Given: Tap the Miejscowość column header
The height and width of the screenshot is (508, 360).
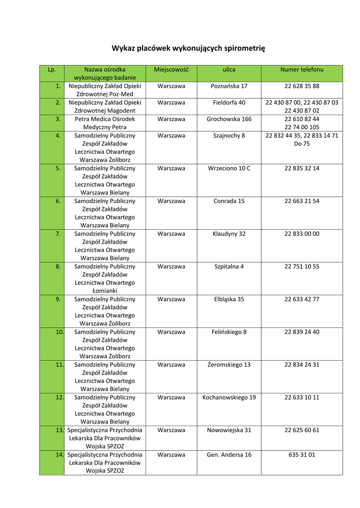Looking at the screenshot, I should click(171, 70).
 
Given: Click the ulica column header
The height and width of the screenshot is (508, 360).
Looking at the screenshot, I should click(229, 70).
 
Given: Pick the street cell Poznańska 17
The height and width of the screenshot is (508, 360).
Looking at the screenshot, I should click(229, 86).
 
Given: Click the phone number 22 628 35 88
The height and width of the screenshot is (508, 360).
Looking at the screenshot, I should click(302, 86).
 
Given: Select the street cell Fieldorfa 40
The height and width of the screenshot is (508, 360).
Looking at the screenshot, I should click(229, 103).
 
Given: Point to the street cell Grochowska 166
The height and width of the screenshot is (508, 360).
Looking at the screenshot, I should click(229, 119).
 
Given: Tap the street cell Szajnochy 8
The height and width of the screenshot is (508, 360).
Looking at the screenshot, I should click(229, 135).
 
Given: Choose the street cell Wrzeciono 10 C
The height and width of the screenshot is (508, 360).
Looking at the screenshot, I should click(229, 168).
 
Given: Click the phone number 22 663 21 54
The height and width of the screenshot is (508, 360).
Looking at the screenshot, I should click(302, 201).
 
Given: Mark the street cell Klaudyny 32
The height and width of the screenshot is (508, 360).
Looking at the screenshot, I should click(229, 234).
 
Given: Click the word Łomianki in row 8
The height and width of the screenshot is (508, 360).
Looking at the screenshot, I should click(105, 291).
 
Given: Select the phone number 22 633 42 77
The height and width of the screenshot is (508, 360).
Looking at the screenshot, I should click(302, 299).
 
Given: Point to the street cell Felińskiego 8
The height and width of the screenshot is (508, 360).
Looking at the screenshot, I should click(229, 332).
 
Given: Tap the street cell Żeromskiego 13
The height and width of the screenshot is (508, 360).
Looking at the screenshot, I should click(229, 365).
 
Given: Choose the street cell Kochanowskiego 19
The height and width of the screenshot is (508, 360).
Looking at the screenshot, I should click(229, 397).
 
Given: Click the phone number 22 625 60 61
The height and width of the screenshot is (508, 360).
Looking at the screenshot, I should click(302, 430).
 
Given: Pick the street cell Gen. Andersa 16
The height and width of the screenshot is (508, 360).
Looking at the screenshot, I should click(229, 454).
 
